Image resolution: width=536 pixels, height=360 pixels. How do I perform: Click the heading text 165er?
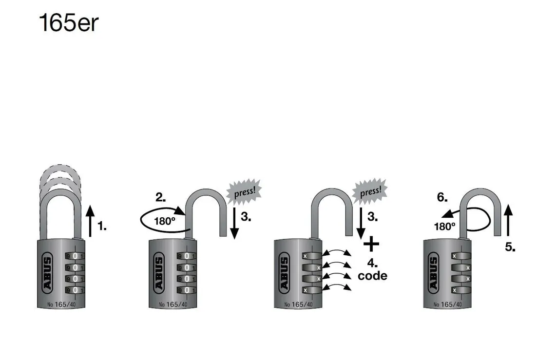pos(68,23)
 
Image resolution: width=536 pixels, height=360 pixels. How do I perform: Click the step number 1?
pos(101,226)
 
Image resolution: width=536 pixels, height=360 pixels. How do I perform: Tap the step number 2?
pos(160,197)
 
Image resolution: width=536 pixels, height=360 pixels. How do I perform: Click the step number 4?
pos(372,264)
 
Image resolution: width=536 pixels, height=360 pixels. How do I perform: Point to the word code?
pos(372,276)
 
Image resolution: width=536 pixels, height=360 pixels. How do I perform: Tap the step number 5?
pos(510,247)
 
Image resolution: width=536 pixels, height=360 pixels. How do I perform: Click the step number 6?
pos(441,197)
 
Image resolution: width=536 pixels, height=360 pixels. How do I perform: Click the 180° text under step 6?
pos(444,226)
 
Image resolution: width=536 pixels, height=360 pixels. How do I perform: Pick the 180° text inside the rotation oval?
pos(164,221)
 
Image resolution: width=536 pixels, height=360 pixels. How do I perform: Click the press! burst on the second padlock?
pos(244,191)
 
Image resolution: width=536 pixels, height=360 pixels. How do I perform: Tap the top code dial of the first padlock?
pos(75,256)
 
